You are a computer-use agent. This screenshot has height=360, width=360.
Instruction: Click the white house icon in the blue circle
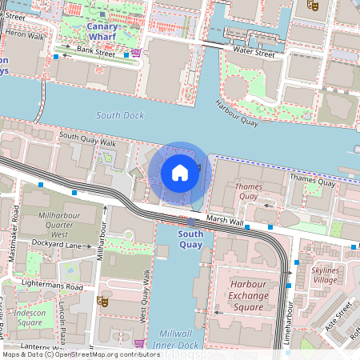(180, 173)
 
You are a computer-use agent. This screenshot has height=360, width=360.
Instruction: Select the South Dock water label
(120, 115)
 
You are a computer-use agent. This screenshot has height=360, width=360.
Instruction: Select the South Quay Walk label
(88, 138)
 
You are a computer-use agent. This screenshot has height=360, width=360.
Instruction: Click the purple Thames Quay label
(248, 191)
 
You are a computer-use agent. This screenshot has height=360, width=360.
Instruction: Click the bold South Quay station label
(190, 239)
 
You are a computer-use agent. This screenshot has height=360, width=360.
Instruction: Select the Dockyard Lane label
(62, 245)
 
